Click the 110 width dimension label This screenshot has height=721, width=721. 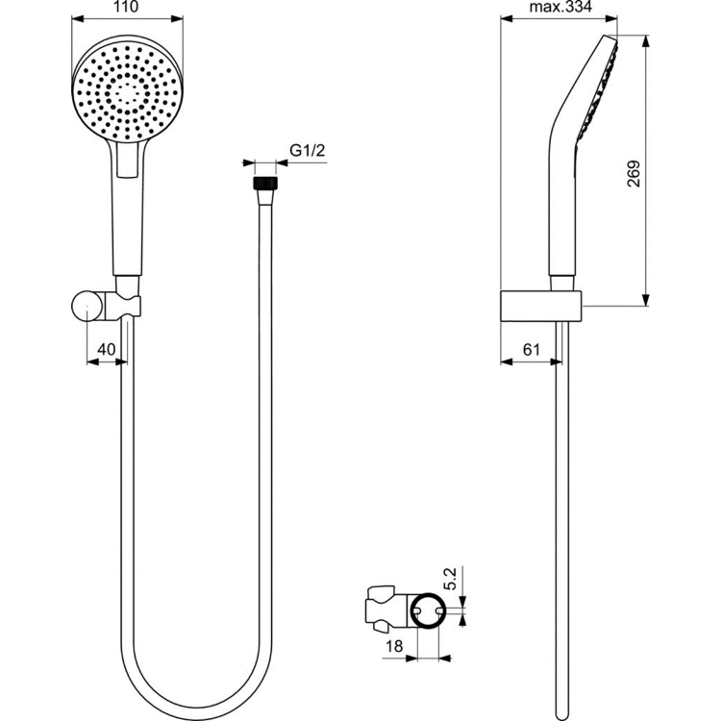[x=125, y=9]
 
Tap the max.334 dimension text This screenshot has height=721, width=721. [x=559, y=9]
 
